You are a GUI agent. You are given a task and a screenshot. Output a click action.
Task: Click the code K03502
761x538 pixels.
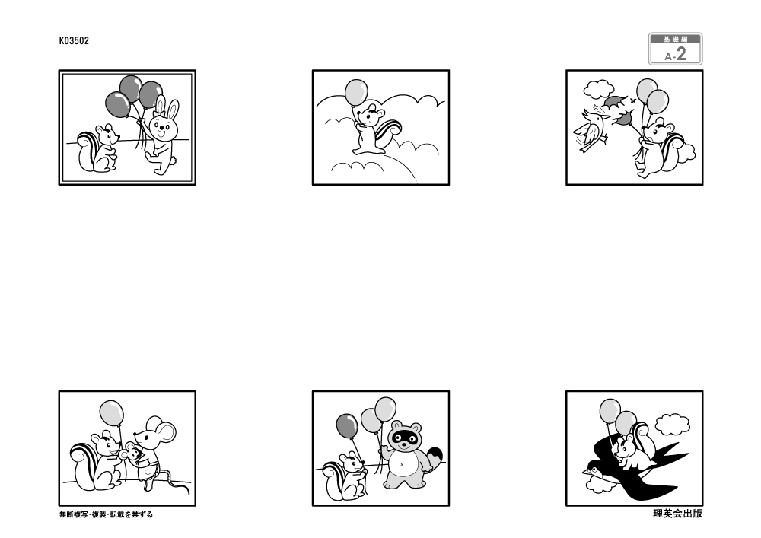pyautogui.click(x=74, y=41)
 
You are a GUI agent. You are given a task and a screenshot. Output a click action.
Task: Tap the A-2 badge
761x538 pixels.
pyautogui.click(x=675, y=49)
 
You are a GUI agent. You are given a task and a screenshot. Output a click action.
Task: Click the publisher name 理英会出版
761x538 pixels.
pyautogui.click(x=677, y=514)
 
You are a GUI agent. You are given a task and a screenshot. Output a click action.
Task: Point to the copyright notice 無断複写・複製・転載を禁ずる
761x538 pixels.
pyautogui.click(x=106, y=514)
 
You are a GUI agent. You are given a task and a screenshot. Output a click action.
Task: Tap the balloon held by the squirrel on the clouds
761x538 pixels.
pyautogui.click(x=356, y=93)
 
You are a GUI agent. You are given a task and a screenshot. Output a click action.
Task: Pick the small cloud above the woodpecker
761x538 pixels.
pyautogui.click(x=599, y=89)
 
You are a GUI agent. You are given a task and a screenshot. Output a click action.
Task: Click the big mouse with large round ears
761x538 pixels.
pyautogui.click(x=154, y=449)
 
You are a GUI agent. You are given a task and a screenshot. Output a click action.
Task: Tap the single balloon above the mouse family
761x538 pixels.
pyautogui.click(x=112, y=413)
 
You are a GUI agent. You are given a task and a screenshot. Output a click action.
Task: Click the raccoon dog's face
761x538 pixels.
pyautogui.click(x=404, y=435)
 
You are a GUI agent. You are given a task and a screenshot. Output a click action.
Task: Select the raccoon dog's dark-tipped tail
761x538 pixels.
pyautogui.click(x=434, y=458)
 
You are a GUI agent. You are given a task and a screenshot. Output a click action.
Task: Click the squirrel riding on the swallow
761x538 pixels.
pyautogui.click(x=631, y=447)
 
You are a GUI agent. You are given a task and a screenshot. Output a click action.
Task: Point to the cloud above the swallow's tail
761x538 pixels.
pyautogui.click(x=672, y=425)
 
